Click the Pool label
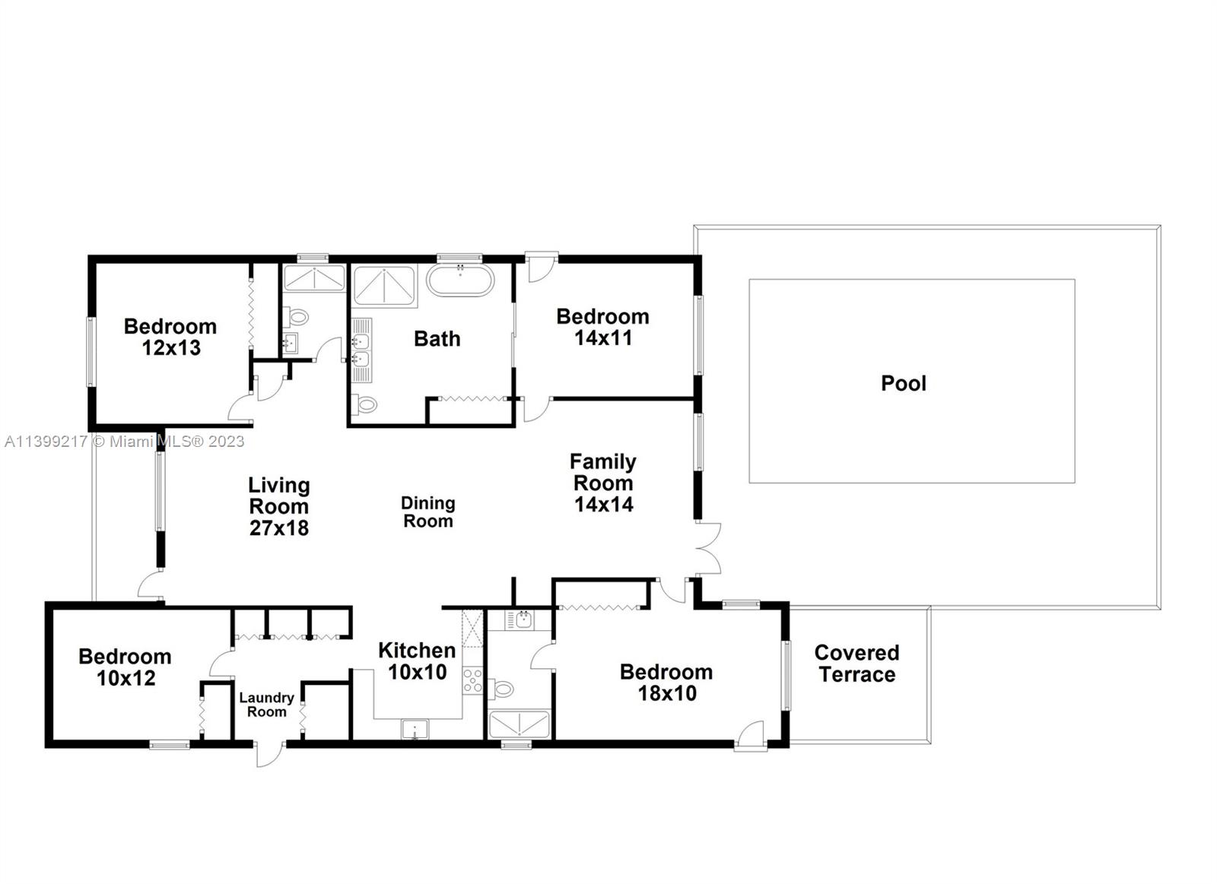pyautogui.click(x=904, y=383)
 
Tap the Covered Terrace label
pyautogui.click(x=856, y=664)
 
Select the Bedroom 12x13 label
pyautogui.click(x=170, y=337)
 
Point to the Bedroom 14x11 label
pyautogui.click(x=602, y=327)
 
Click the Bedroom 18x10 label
pyautogui.click(x=666, y=683)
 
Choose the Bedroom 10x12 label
pyautogui.click(x=125, y=667)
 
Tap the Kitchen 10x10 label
pyautogui.click(x=417, y=661)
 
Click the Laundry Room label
pyautogui.click(x=266, y=705)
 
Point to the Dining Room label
pyautogui.click(x=428, y=512)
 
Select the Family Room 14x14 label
pyautogui.click(x=603, y=483)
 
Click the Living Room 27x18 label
pyautogui.click(x=279, y=506)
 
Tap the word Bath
pyautogui.click(x=437, y=339)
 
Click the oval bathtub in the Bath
pyautogui.click(x=460, y=280)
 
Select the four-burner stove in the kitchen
pyautogui.click(x=472, y=681)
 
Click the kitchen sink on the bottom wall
pyautogui.click(x=415, y=729)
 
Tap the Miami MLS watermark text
pyautogui.click(x=125, y=442)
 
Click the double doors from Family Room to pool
pyautogui.click(x=709, y=549)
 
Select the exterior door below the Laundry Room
pyautogui.click(x=269, y=753)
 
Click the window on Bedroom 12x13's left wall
pyautogui.click(x=91, y=352)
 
